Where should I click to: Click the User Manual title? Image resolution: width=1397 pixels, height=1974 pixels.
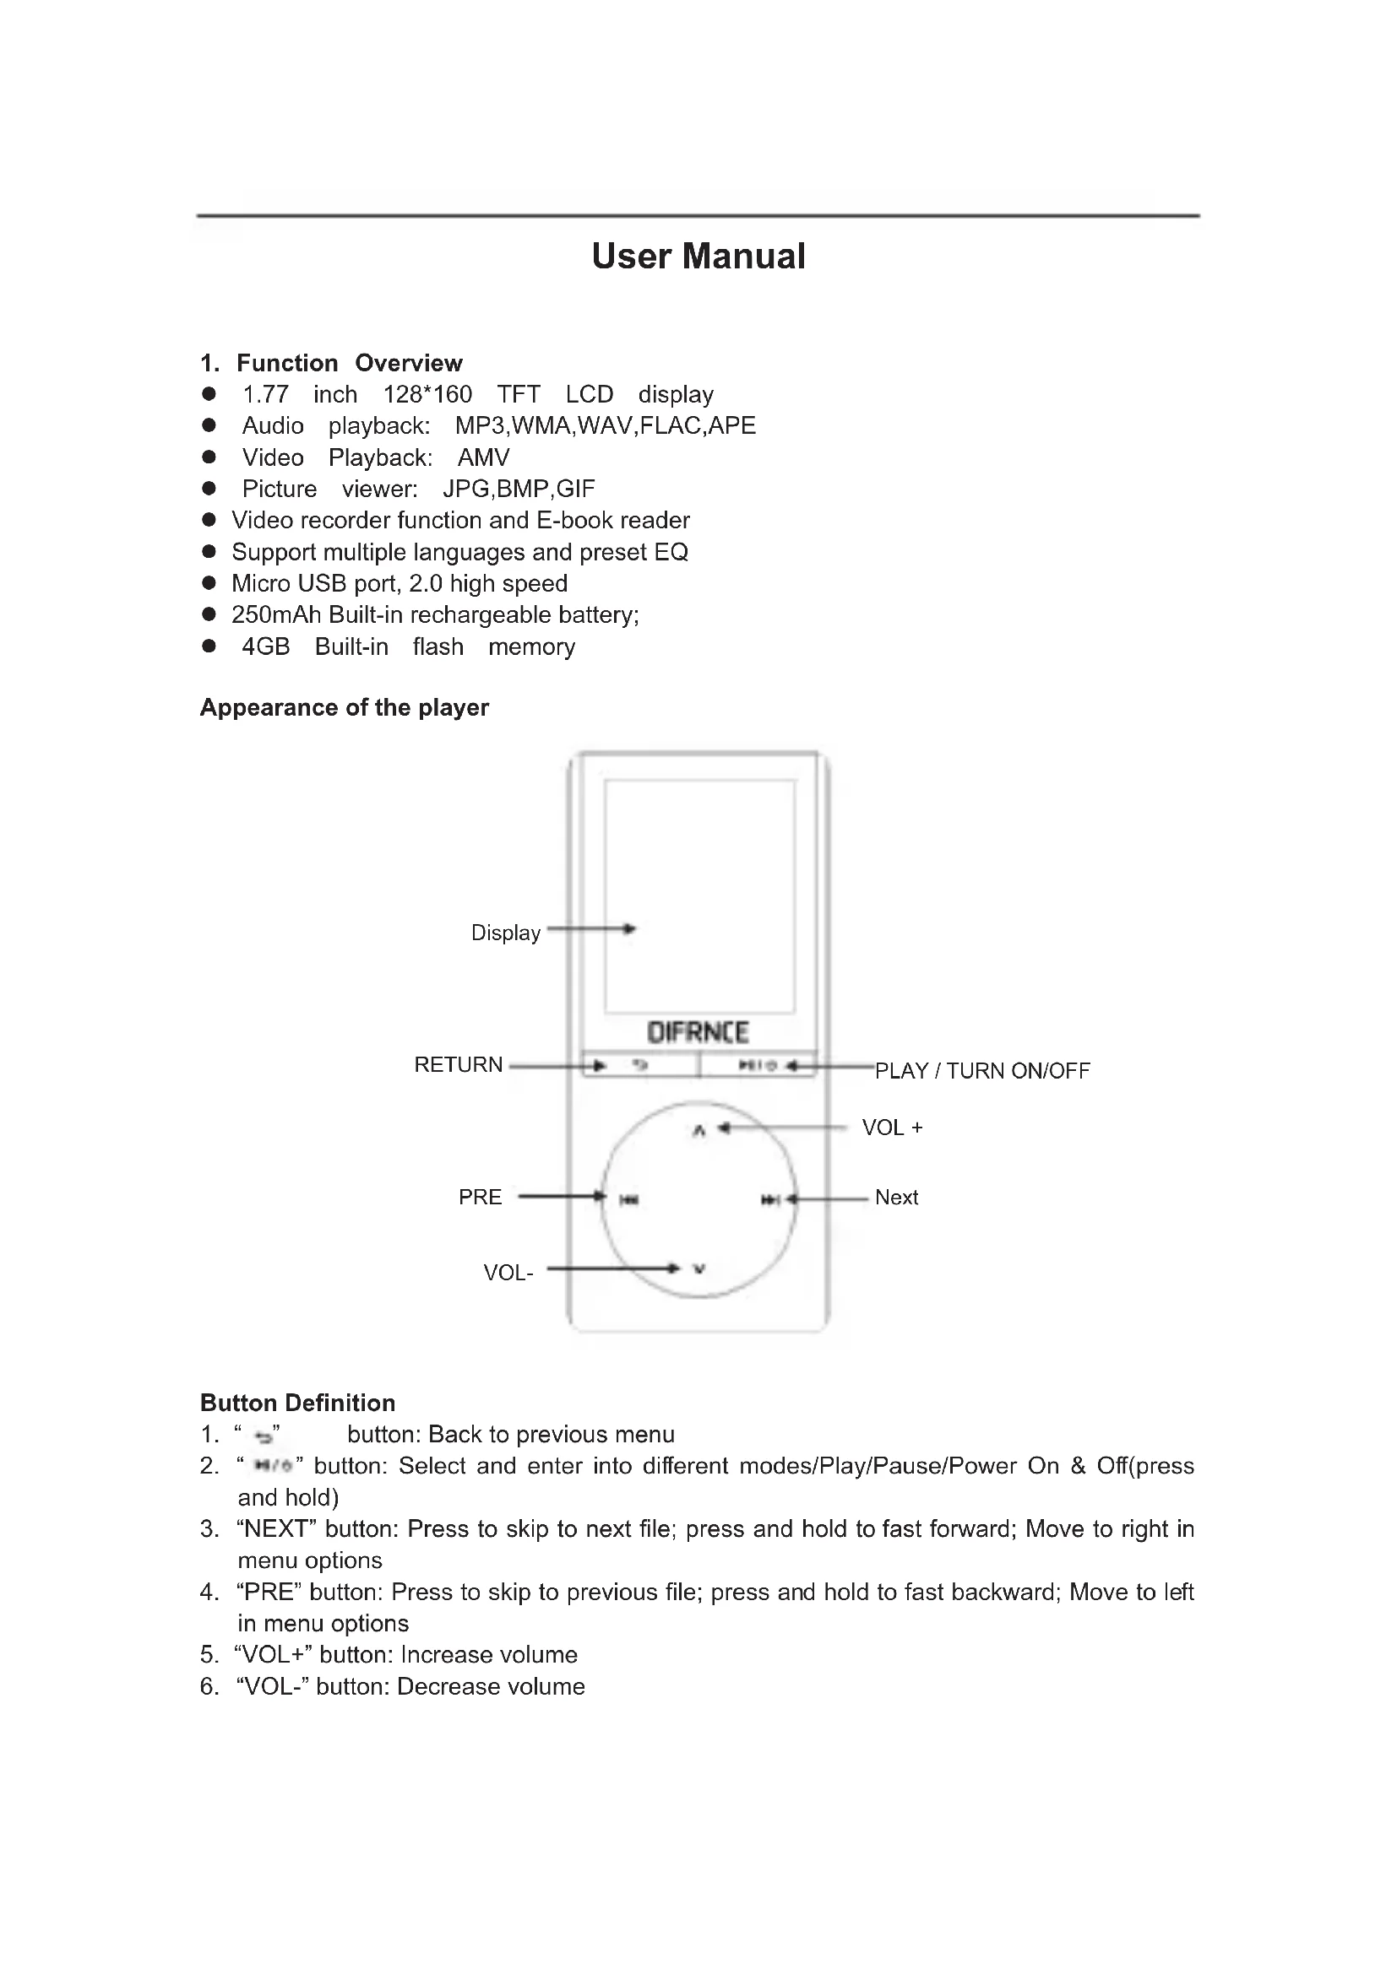click(698, 257)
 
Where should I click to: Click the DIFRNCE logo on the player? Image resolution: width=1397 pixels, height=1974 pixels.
click(698, 1031)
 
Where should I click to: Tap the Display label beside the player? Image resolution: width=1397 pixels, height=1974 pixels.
click(506, 933)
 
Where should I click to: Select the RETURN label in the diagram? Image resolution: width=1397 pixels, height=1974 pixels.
click(459, 1064)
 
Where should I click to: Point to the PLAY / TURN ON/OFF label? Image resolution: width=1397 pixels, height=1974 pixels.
click(982, 1070)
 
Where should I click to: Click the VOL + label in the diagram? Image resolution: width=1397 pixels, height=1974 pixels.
click(892, 1128)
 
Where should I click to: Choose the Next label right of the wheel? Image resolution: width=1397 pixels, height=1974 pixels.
click(896, 1197)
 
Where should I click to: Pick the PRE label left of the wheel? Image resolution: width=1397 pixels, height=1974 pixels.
click(480, 1197)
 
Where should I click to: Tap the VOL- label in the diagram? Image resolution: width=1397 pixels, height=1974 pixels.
click(508, 1273)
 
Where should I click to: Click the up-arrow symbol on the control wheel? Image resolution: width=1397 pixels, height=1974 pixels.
click(698, 1131)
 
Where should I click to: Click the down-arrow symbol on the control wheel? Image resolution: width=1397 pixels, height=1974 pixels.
click(699, 1268)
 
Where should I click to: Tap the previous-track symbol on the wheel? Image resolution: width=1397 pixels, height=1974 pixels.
click(629, 1199)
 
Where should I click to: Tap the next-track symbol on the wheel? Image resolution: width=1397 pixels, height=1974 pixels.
click(770, 1199)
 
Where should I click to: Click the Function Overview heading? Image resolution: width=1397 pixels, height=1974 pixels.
click(350, 363)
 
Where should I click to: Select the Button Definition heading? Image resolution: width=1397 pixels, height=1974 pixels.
click(297, 1403)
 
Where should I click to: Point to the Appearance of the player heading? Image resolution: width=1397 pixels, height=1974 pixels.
click(344, 707)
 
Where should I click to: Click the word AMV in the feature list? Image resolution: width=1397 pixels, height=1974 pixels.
click(483, 457)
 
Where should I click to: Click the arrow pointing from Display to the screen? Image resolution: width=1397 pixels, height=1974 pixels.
click(592, 928)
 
